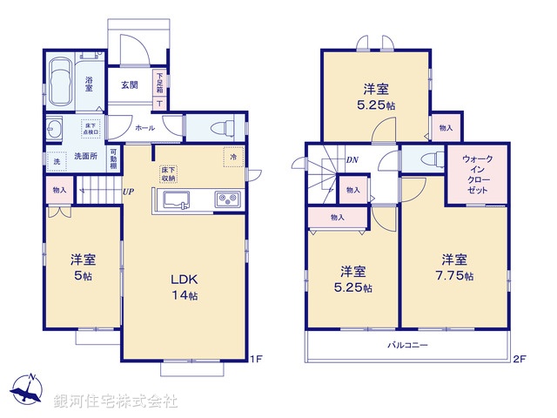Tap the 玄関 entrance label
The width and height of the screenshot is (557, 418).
coord(130,84)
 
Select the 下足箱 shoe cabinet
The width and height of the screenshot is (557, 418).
coord(159,84)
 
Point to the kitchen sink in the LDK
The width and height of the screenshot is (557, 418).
coord(175,201)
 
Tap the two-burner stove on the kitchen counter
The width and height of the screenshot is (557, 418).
coord(228,200)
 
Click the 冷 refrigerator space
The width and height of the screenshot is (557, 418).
coord(233,158)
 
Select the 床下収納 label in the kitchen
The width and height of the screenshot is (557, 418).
coord(168,173)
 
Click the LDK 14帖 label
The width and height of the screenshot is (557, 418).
coord(185,287)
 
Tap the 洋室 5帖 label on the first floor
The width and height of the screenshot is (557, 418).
coord(83,266)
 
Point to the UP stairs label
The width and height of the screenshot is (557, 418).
coord(128,192)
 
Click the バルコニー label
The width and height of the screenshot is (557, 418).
coord(407,346)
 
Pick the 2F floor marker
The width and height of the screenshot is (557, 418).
coord(520,358)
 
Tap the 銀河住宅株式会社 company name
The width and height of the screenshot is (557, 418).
coord(115,401)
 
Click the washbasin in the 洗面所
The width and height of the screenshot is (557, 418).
coord(53,131)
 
